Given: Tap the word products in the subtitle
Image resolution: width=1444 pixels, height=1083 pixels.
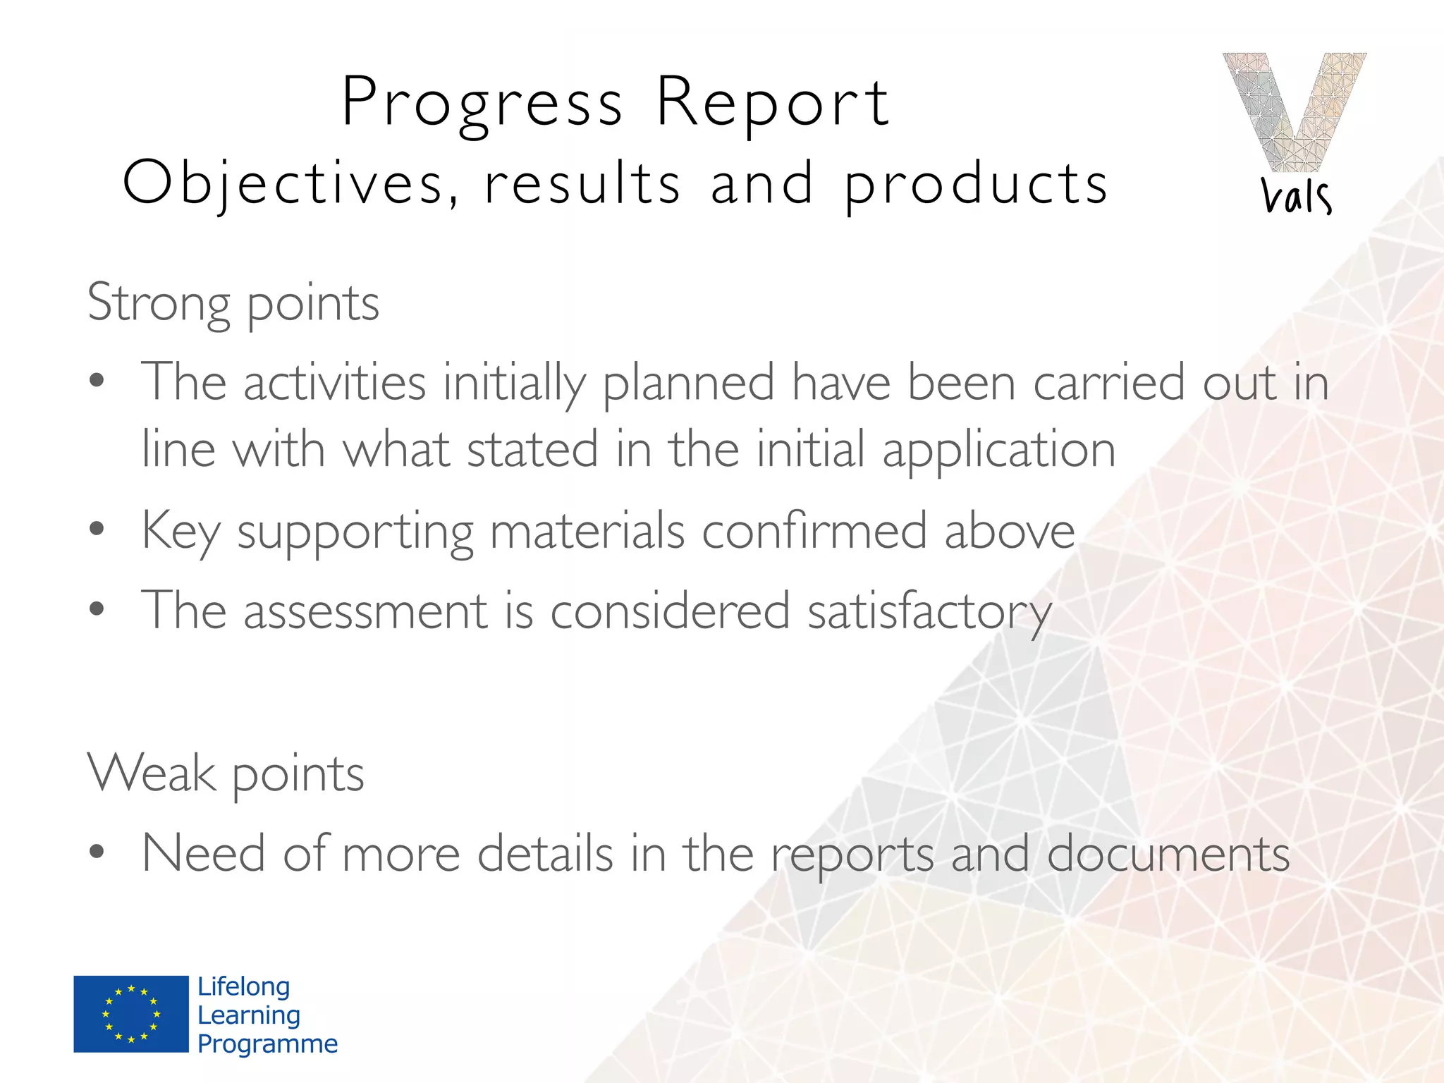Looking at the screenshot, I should [x=976, y=183].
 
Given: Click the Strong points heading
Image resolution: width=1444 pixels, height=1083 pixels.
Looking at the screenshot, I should [x=233, y=303].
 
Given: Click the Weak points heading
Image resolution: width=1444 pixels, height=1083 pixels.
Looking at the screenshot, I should [x=226, y=774].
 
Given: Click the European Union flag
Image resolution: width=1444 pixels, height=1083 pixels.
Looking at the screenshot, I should [x=131, y=1014].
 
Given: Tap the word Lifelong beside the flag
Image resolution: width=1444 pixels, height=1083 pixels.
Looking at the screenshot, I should [x=243, y=986].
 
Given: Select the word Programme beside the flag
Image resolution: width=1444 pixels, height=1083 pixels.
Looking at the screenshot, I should [x=267, y=1044].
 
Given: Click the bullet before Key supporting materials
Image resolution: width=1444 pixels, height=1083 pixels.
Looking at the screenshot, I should [x=97, y=529].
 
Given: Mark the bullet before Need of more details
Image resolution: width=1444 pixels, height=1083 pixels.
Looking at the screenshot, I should [x=97, y=852].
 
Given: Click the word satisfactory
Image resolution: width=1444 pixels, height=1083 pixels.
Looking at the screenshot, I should [x=929, y=611].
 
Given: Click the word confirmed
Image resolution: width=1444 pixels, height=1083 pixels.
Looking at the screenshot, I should [x=814, y=530].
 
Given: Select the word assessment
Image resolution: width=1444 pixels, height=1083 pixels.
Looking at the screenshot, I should [x=365, y=611].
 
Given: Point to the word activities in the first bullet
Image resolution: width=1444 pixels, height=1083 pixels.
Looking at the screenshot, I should [x=334, y=382].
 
